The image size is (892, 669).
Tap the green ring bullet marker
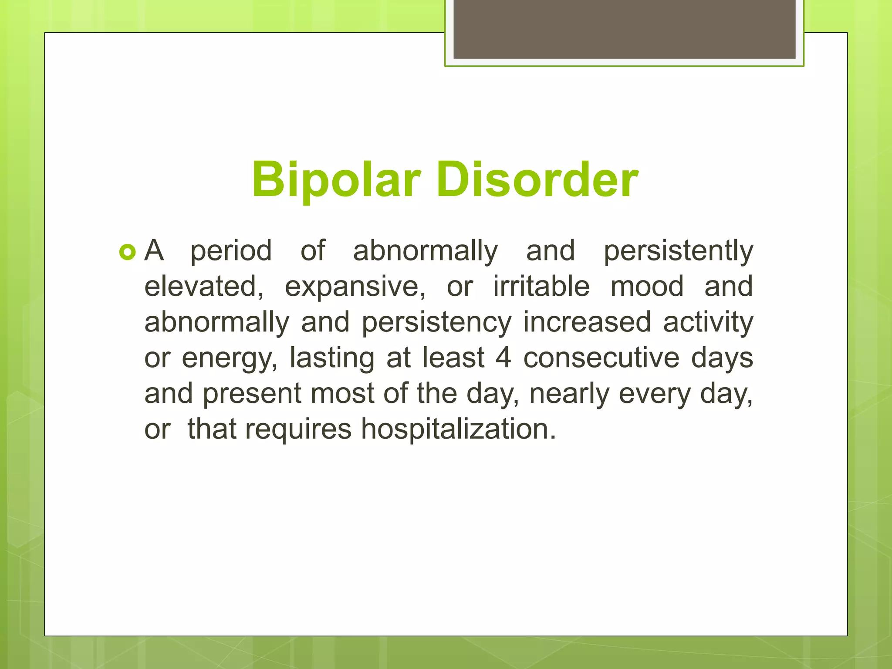(x=128, y=252)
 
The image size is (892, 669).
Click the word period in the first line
(x=231, y=252)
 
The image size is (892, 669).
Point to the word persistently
(x=678, y=252)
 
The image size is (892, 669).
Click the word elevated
(x=203, y=287)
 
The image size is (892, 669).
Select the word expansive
(x=355, y=287)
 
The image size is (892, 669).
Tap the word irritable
(x=541, y=287)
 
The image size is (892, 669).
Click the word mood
(x=647, y=287)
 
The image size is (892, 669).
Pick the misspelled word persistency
(x=436, y=323)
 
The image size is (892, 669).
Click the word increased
(x=587, y=323)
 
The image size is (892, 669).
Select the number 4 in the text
(x=503, y=358)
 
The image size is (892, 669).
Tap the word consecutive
(x=601, y=358)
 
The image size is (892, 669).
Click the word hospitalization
(x=458, y=430)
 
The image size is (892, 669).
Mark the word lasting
(x=332, y=358)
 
